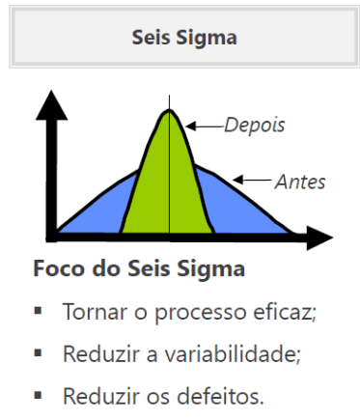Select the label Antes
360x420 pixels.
[x=300, y=181]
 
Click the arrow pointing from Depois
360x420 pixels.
[x=204, y=125]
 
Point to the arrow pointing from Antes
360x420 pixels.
[x=252, y=180]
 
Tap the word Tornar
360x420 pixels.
[x=89, y=312]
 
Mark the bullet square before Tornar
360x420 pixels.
[x=40, y=312]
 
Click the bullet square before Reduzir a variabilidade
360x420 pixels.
[x=40, y=353]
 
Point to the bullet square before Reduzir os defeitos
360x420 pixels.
[x=40, y=395]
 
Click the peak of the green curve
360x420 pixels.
[x=169, y=110]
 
